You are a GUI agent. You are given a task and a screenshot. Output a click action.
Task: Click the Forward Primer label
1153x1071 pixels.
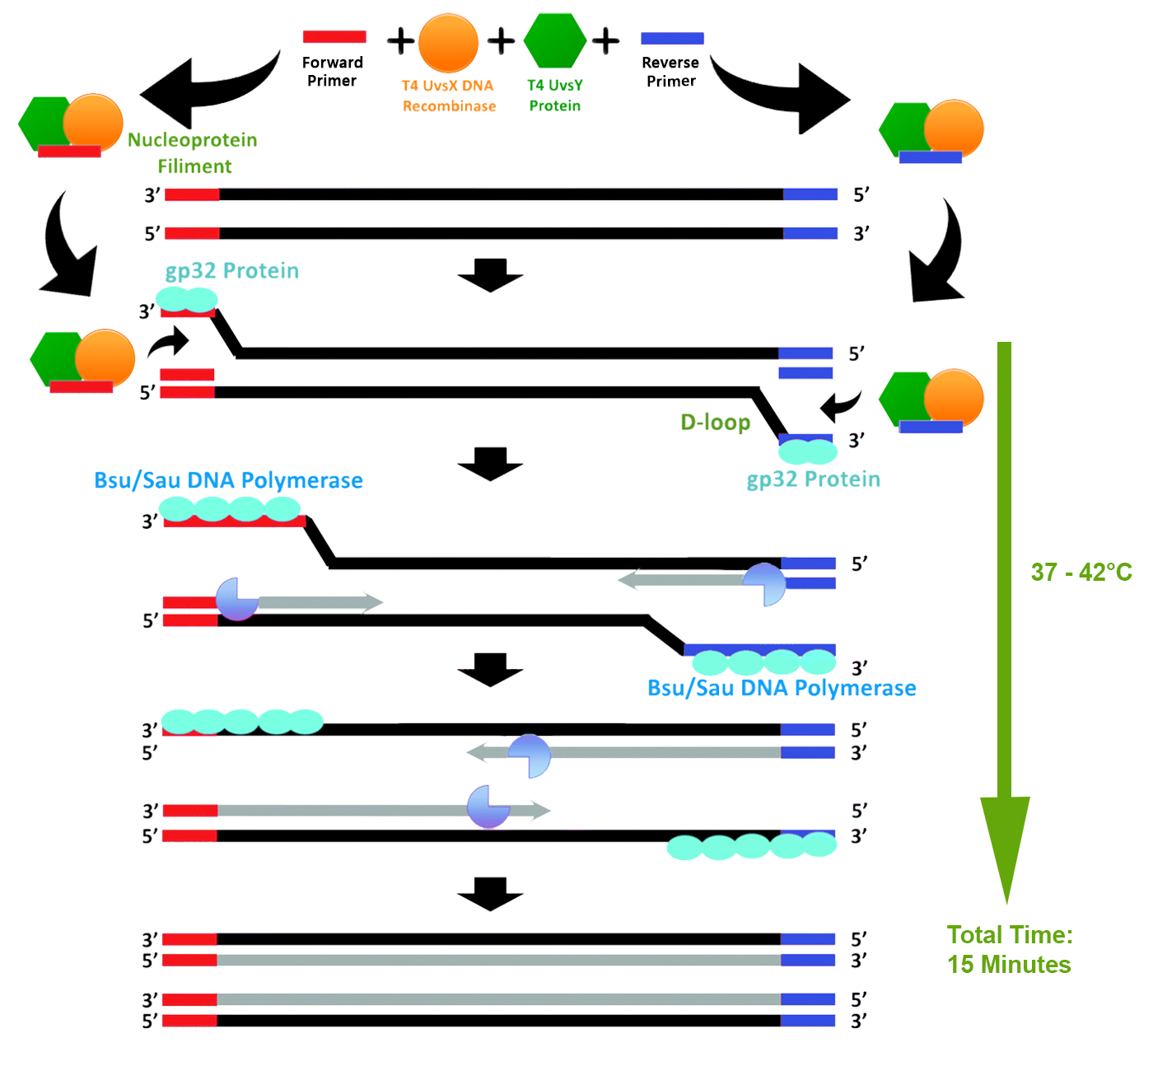[332, 72]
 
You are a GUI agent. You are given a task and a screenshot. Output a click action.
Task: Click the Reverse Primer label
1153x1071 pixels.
[670, 72]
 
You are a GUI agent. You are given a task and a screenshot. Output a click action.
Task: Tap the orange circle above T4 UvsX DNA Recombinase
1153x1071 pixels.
[448, 43]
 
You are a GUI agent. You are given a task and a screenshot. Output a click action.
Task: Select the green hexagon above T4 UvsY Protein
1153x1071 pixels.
[555, 40]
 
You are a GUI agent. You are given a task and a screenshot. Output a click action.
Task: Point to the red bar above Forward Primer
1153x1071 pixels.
[334, 36]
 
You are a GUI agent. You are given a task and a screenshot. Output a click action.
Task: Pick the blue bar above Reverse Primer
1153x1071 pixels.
[672, 38]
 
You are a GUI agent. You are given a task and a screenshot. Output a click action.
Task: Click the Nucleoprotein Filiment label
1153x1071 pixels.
[193, 153]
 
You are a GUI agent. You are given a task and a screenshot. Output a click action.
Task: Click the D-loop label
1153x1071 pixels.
[715, 423]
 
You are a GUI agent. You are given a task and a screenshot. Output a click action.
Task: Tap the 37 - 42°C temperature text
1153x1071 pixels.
[1081, 572]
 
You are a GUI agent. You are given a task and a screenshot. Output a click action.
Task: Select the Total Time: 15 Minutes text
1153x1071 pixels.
[1010, 949]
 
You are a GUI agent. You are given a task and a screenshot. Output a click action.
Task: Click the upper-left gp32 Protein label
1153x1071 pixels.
[231, 271]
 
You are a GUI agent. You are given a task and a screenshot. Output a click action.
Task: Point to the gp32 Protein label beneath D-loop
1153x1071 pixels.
[813, 479]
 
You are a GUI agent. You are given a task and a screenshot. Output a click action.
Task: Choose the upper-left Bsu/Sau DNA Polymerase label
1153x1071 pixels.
[228, 480]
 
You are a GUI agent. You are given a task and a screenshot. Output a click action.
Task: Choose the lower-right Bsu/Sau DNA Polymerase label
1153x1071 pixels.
[782, 688]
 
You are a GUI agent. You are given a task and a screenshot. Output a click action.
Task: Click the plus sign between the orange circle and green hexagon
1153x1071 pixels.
[501, 40]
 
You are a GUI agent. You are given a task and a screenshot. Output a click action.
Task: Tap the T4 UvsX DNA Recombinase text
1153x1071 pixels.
[449, 96]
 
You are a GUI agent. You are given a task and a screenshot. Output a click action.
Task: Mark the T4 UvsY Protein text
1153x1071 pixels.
[555, 96]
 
